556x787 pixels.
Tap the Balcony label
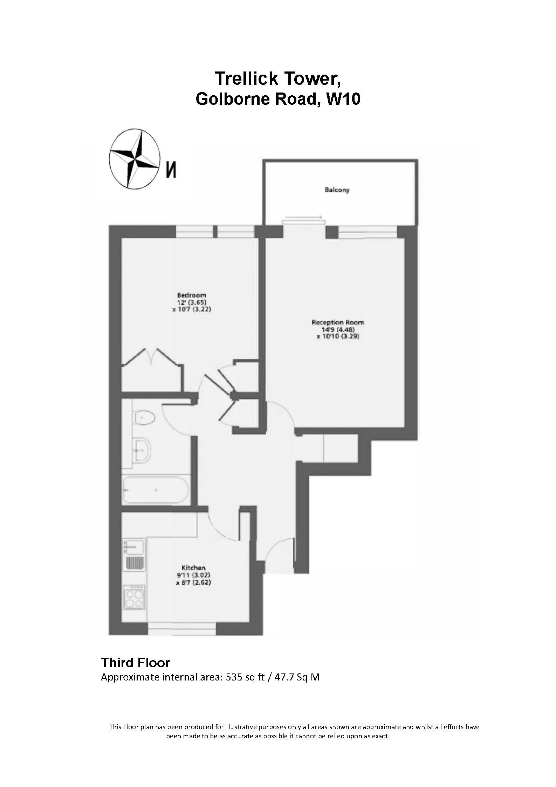point(337,190)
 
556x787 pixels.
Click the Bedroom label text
point(191,295)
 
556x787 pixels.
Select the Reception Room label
point(338,322)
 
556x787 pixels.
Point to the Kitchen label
point(193,568)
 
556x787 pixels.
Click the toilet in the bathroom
point(144,417)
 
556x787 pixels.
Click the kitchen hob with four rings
point(135,600)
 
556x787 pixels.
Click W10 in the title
point(343,100)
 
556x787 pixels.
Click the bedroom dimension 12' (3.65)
point(191,302)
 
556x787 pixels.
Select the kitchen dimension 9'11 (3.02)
point(193,575)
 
